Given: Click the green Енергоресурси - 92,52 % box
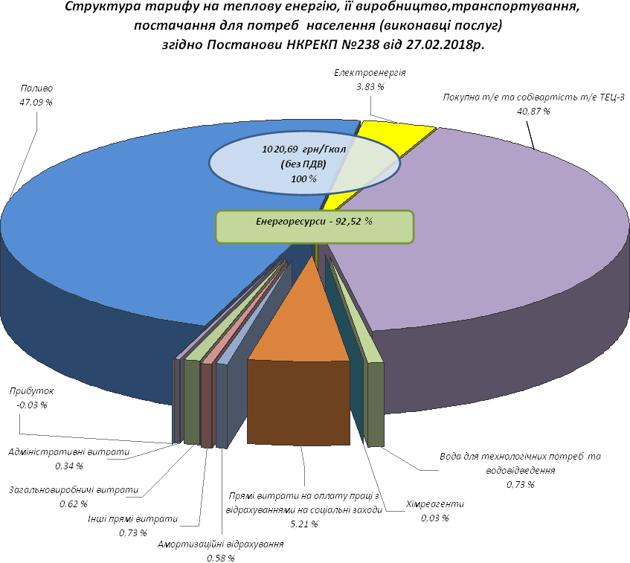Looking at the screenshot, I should [x=314, y=226].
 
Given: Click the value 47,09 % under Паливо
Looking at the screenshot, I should [x=36, y=102].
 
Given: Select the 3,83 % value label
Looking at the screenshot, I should [x=370, y=86].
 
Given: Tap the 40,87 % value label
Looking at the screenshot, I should [x=533, y=111].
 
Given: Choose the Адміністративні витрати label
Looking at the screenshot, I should [x=68, y=451].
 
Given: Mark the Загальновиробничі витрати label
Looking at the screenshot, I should [x=74, y=490].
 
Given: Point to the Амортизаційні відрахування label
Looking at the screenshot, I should [x=221, y=544].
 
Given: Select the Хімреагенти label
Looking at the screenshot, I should [x=435, y=504].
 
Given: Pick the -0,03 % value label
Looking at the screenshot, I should [x=31, y=405].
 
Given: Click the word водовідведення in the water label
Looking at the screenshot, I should [x=520, y=471].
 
